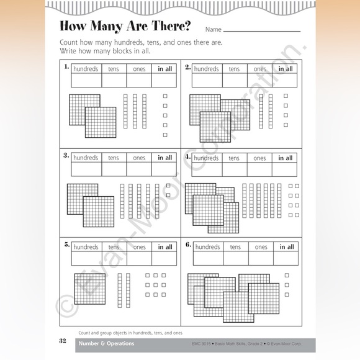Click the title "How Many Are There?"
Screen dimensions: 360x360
125,27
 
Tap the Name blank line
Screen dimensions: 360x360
261,30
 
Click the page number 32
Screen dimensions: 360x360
63,341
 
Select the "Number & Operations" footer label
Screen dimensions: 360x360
106,343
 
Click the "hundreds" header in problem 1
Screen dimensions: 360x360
86,69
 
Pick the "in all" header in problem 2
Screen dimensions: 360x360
285,69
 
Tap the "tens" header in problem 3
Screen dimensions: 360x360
114,158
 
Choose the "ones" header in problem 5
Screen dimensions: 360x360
140,247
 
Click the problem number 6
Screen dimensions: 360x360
187,244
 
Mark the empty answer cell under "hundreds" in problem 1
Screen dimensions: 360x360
86,81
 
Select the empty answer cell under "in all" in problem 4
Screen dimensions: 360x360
285,169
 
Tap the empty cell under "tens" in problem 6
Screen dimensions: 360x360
235,258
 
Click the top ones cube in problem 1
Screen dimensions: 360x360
165,96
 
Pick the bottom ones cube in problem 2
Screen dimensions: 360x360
286,124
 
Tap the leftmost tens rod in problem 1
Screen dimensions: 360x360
125,111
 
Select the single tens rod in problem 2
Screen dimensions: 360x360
261,111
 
